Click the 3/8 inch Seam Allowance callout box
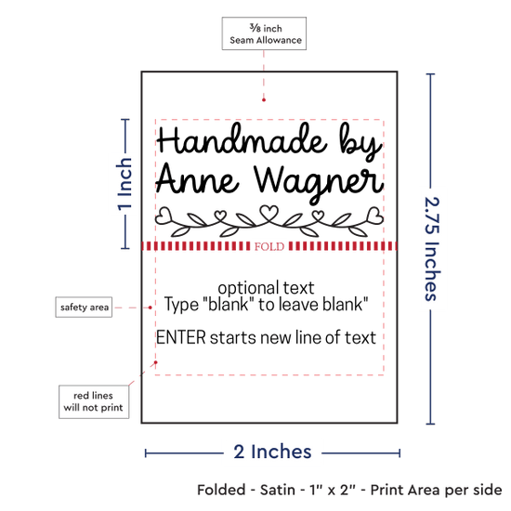pyautogui.click(x=264, y=33)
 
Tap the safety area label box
pyautogui.click(x=84, y=307)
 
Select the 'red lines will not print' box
pyautogui.click(x=94, y=401)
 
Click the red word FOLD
pyautogui.click(x=269, y=246)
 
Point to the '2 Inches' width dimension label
pyautogui.click(x=272, y=452)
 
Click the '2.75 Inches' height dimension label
pyautogui.click(x=432, y=249)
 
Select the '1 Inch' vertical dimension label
pyautogui.click(x=124, y=184)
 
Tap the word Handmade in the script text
pyautogui.click(x=242, y=138)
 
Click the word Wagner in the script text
pyautogui.click(x=319, y=182)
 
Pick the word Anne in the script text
pyautogui.click(x=197, y=178)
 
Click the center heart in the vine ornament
pyautogui.click(x=269, y=213)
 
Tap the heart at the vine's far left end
pyautogui.click(x=164, y=216)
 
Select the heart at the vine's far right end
pyautogui.click(x=375, y=216)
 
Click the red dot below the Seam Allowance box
pyautogui.click(x=264, y=99)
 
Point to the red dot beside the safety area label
pyautogui.click(x=151, y=308)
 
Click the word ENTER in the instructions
pyautogui.click(x=181, y=337)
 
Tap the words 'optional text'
pyautogui.click(x=266, y=288)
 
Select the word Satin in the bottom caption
pyautogui.click(x=278, y=491)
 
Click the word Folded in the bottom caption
pyautogui.click(x=221, y=491)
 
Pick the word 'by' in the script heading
pyautogui.click(x=360, y=142)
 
